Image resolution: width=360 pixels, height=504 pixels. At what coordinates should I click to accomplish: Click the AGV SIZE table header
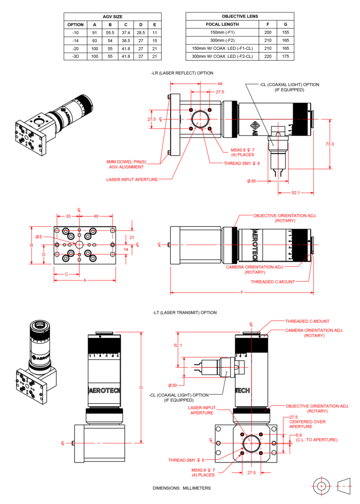[112, 16]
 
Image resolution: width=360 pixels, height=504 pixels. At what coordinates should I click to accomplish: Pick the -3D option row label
[75, 56]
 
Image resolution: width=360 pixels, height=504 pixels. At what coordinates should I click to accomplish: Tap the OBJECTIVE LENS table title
[240, 16]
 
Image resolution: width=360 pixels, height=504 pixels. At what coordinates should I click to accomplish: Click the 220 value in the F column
[268, 56]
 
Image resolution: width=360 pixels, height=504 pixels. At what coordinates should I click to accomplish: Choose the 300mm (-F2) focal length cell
[222, 41]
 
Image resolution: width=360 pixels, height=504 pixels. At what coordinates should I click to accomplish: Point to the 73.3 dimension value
[330, 144]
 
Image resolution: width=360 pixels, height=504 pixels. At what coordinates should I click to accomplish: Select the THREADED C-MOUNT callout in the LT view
[307, 321]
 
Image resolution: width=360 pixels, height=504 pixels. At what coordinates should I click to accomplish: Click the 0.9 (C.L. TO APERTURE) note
[313, 437]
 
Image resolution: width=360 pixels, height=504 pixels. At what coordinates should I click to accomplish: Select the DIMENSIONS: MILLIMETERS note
[181, 488]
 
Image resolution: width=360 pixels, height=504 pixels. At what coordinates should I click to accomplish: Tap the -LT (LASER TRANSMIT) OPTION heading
[184, 312]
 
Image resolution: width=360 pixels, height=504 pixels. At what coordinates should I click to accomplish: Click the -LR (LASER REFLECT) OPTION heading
[182, 73]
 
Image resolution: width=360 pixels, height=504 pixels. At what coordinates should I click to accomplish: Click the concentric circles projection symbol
[321, 486]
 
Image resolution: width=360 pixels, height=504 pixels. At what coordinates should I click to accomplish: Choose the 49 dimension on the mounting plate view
[96, 216]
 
